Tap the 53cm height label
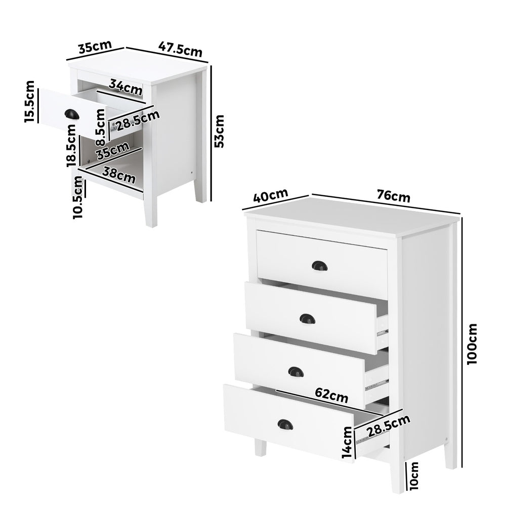tap(219, 131)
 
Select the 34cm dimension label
tap(126, 88)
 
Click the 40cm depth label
tap(270, 195)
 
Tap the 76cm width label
tap(394, 195)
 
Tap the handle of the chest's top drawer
tap(319, 265)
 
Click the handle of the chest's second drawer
tap(307, 319)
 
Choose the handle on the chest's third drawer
tap(296, 372)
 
